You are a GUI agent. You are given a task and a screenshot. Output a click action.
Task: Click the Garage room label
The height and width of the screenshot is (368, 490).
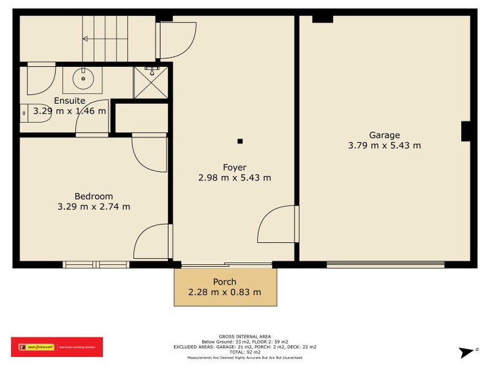point(384,135)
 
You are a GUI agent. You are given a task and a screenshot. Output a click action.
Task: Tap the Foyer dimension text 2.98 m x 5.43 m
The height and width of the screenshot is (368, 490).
point(235,178)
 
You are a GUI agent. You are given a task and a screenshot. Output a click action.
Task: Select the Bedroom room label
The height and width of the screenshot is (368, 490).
point(94,196)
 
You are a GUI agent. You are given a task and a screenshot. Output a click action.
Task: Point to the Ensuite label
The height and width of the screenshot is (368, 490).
point(70,101)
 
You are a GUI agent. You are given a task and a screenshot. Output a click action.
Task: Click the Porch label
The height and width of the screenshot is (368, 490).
point(225,282)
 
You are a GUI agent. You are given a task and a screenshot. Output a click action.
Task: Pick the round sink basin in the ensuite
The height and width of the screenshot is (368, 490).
point(82,79)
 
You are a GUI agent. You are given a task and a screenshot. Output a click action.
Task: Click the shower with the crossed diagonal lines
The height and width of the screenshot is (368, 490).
point(151,82)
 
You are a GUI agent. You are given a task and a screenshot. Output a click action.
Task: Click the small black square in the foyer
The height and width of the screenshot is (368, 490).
point(240,142)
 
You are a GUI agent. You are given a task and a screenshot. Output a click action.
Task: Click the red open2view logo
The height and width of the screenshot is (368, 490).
point(56,347)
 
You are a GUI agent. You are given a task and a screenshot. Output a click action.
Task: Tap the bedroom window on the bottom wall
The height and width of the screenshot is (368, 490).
point(96,264)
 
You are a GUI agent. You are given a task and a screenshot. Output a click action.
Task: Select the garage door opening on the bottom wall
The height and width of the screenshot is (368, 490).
point(385,264)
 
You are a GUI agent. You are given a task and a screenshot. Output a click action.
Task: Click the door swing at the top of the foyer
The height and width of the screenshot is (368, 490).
point(176,40)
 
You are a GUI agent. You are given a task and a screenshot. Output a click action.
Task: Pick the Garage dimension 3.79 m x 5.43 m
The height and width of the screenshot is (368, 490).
point(384,145)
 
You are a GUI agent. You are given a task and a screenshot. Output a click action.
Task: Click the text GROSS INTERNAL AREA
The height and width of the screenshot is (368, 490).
point(245,337)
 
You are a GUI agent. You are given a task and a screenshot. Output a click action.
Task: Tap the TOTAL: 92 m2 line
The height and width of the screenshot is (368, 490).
point(245,352)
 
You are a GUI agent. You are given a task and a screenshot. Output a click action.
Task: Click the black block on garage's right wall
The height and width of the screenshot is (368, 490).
point(466,131)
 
